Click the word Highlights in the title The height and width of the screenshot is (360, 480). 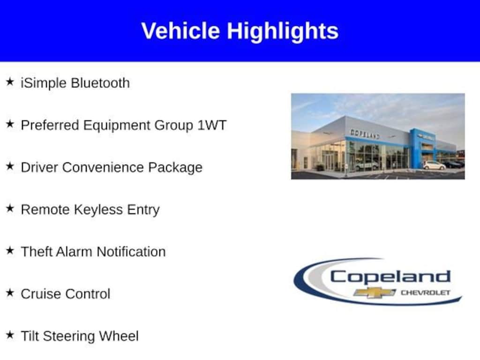pos(283,31)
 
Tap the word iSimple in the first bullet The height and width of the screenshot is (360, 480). pos(44,83)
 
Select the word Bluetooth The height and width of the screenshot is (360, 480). pos(100,83)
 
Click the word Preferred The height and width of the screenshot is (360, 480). pos(50,125)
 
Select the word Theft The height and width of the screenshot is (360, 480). pos(37,252)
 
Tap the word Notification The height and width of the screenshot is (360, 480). pos(131,252)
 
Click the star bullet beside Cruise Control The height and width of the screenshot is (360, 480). pos(10,293)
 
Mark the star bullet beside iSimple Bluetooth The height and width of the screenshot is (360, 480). pos(10,82)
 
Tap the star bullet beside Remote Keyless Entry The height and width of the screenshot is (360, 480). pos(10,209)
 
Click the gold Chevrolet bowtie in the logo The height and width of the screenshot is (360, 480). pos(375,293)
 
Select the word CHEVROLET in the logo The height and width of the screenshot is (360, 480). pos(425,293)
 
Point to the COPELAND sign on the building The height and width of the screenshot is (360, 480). pos(365,134)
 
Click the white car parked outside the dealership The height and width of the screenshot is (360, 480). pos(434,165)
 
